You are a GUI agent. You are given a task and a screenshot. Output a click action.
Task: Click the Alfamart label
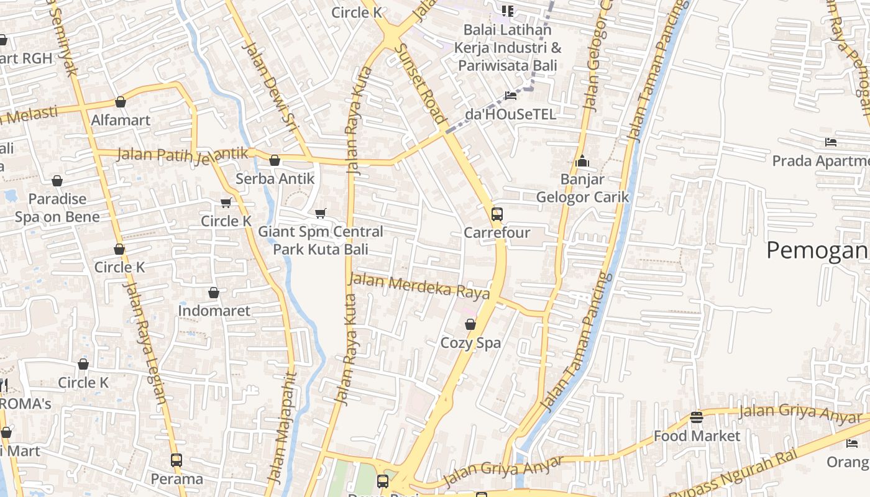coord(121,120)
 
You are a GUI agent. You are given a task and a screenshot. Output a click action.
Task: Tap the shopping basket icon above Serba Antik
coord(275,161)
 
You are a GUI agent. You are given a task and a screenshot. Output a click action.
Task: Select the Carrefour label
coord(497,233)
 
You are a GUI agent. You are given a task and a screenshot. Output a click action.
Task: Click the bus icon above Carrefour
coord(497,215)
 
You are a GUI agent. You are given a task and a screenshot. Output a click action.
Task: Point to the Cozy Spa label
coord(470,343)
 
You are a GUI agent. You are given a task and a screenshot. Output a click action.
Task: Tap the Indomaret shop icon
coord(214,293)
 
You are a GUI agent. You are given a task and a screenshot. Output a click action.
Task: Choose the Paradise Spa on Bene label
coord(57,207)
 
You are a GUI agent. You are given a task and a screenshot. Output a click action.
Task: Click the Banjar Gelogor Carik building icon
coord(582,162)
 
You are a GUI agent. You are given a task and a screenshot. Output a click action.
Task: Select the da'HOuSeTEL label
coord(510,114)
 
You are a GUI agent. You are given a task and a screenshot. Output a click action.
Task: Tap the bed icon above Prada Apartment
coord(831,142)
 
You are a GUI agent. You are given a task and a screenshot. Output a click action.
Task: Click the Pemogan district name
coord(817,250)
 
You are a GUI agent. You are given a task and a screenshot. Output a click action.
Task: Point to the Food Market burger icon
coord(697,417)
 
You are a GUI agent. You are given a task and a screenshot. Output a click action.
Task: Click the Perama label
coord(177,479)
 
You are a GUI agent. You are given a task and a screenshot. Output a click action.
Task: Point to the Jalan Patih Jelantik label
coord(182,153)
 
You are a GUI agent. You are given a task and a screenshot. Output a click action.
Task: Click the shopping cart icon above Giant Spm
coord(321,214)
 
